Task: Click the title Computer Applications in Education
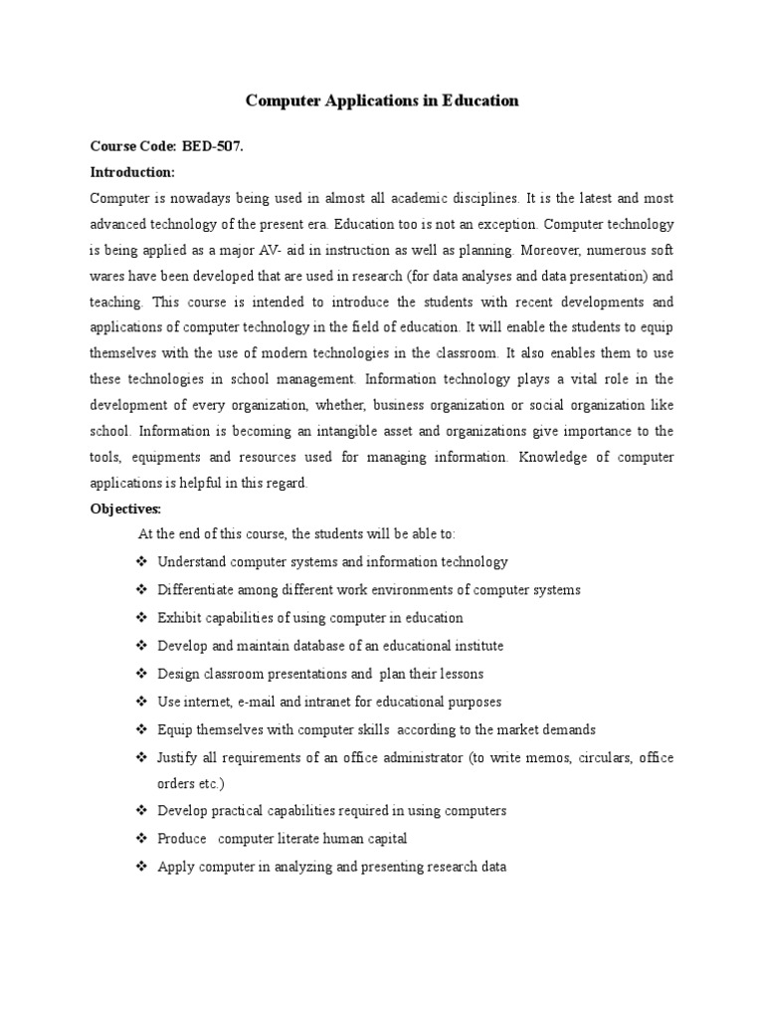tap(382, 102)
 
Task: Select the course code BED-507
tap(212, 146)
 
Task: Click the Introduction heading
tap(132, 172)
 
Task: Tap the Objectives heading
tap(125, 509)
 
